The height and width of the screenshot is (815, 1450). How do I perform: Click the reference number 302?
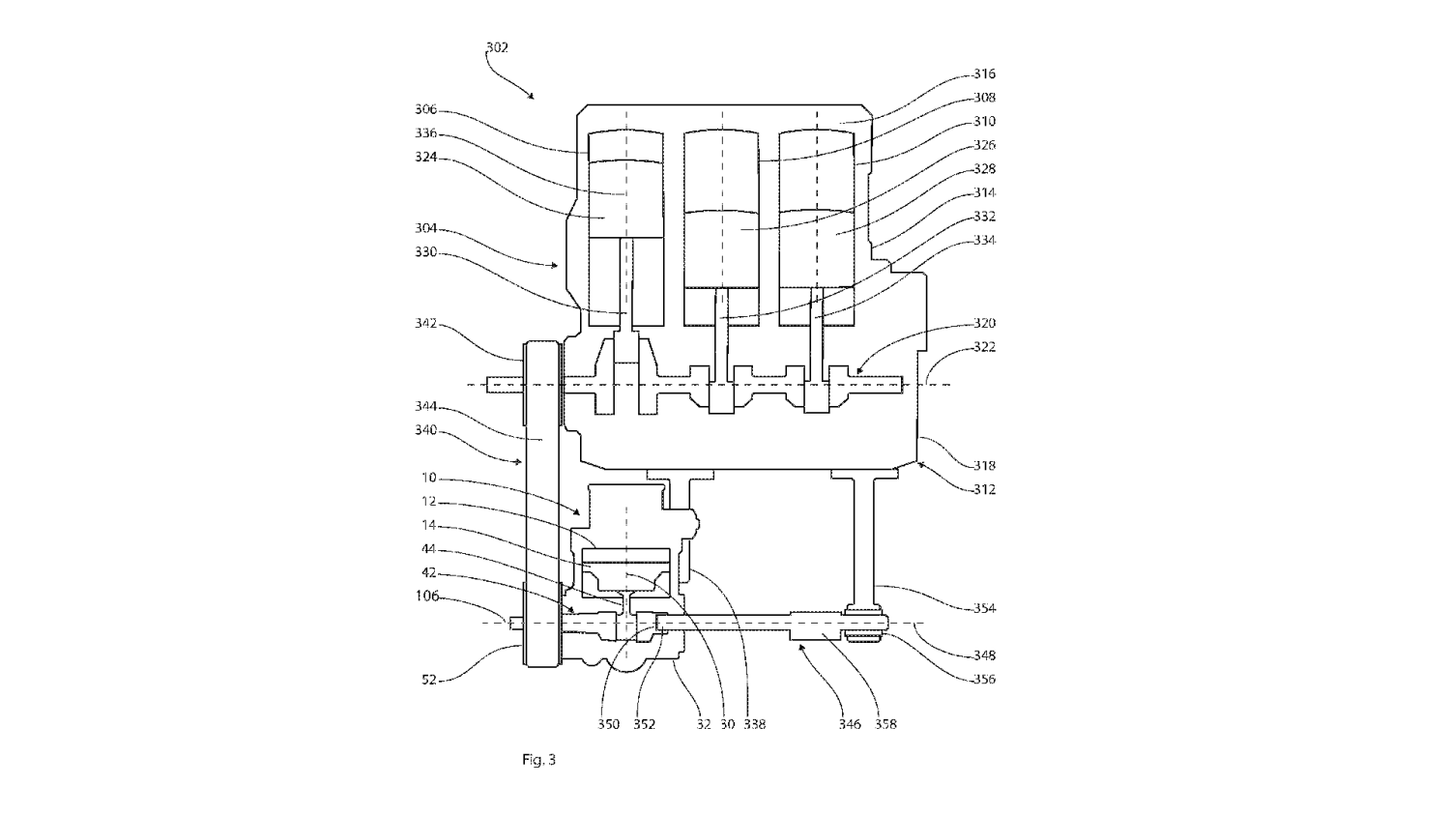[497, 47]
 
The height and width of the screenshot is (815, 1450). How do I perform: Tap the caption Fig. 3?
[538, 759]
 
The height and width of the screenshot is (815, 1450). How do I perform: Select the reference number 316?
[984, 73]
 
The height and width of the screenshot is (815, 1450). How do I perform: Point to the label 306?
[426, 109]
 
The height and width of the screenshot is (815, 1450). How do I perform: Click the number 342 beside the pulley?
[426, 323]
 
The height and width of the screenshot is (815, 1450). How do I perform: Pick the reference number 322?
[984, 347]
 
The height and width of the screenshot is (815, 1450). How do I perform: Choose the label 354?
[984, 608]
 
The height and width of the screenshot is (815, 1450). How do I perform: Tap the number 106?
[426, 596]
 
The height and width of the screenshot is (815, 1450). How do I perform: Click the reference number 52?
[429, 680]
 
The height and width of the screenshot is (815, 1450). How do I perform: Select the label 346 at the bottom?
[850, 724]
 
